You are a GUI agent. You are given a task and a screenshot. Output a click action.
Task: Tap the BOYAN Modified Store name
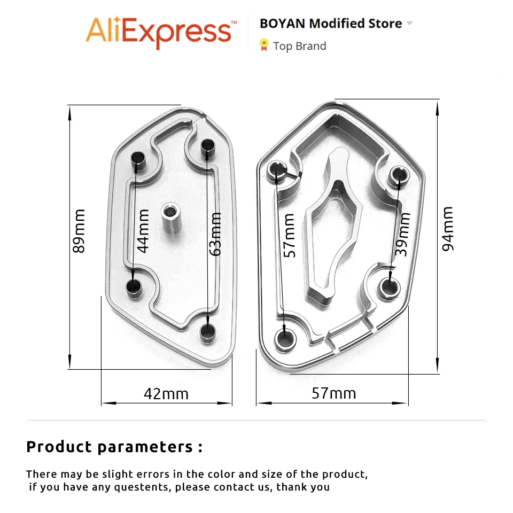click(x=331, y=24)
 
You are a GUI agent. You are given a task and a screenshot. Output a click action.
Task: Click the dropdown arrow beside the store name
click(x=409, y=23)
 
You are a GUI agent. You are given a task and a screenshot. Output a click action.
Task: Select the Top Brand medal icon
click(x=263, y=45)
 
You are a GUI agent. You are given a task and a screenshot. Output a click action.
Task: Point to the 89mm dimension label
click(x=79, y=231)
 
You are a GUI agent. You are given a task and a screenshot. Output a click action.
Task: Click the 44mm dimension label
click(x=143, y=231)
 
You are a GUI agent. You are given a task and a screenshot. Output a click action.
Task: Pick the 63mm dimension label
click(x=215, y=234)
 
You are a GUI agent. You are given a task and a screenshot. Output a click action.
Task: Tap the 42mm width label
click(x=166, y=394)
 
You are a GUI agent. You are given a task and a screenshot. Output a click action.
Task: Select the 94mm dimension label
click(x=448, y=229)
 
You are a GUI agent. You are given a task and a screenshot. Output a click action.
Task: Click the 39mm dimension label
click(x=402, y=234)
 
